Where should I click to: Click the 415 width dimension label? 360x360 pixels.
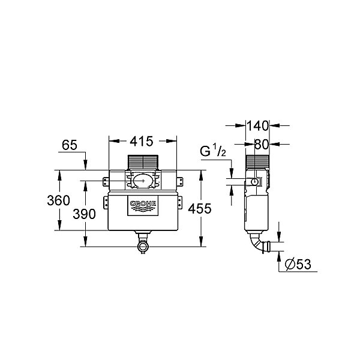(x=142, y=142)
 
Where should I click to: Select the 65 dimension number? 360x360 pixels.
(x=70, y=145)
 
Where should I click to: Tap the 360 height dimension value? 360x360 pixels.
(x=58, y=200)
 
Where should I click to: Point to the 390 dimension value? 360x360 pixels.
(x=84, y=214)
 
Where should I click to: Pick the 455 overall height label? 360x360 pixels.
(x=200, y=209)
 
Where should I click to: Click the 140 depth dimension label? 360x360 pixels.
(x=257, y=126)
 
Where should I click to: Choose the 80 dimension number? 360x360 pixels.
(x=262, y=145)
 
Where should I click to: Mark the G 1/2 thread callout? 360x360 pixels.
(x=213, y=151)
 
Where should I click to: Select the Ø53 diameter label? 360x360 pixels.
(x=298, y=264)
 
